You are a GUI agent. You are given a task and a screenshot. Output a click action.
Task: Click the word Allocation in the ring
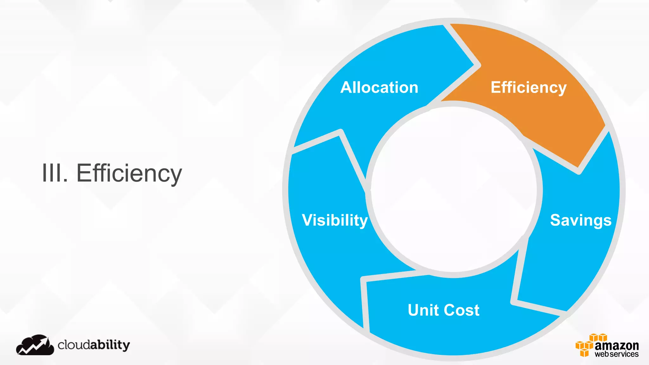click(x=379, y=87)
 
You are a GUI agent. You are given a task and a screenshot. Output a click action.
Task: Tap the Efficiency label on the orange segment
click(x=528, y=87)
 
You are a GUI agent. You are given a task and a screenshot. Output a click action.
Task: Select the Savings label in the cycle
click(x=581, y=220)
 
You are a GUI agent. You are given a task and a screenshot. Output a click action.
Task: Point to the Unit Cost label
click(x=443, y=310)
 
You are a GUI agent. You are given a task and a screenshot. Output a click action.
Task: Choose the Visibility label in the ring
click(x=335, y=220)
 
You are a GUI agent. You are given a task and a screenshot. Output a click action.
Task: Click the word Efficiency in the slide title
click(x=129, y=173)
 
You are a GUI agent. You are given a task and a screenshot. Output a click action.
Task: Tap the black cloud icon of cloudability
click(x=35, y=345)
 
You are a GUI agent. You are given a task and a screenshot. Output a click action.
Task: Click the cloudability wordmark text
click(x=94, y=345)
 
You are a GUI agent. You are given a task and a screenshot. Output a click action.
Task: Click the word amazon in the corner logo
click(x=616, y=345)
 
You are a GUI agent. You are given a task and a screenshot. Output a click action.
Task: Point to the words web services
click(x=616, y=354)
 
